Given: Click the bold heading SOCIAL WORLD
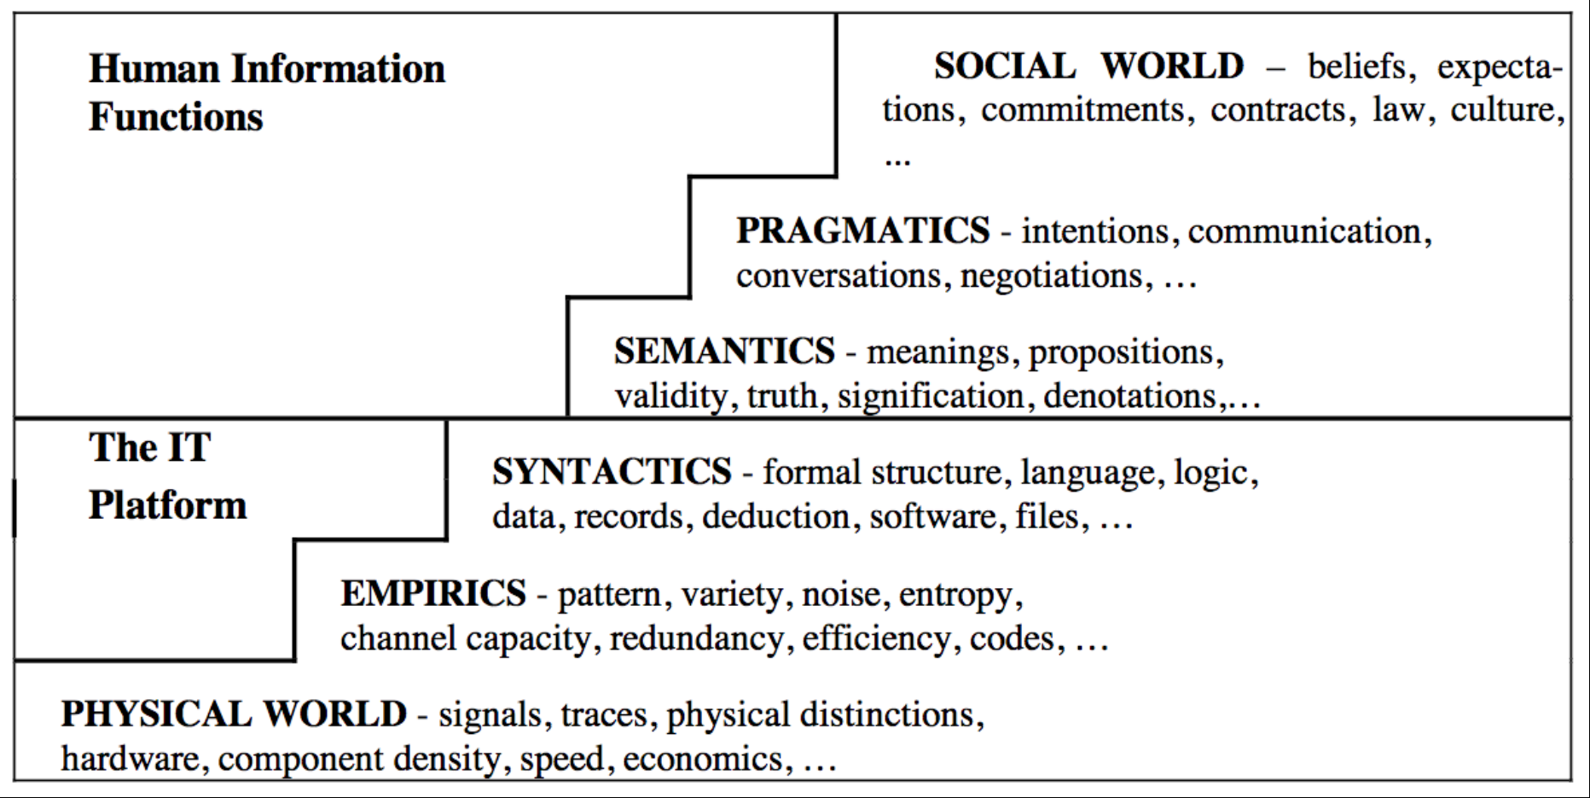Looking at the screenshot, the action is [x=1089, y=66].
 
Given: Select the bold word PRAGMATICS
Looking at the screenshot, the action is [x=863, y=230].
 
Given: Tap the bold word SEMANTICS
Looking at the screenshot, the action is [x=724, y=351].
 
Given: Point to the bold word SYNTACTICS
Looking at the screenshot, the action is [x=612, y=472].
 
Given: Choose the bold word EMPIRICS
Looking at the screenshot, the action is [x=433, y=593].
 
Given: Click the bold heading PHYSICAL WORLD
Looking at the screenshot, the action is [x=234, y=714].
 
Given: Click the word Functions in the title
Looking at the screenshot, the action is [x=176, y=117].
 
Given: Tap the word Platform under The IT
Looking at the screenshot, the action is [x=168, y=504].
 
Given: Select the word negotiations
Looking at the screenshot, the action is [x=1052, y=277].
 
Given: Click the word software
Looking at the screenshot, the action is [x=933, y=517].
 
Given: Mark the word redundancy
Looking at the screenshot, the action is [x=697, y=638].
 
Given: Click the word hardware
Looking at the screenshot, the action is [x=131, y=759].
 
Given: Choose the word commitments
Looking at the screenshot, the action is [x=1082, y=110].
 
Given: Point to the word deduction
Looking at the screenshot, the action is [x=776, y=517].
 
